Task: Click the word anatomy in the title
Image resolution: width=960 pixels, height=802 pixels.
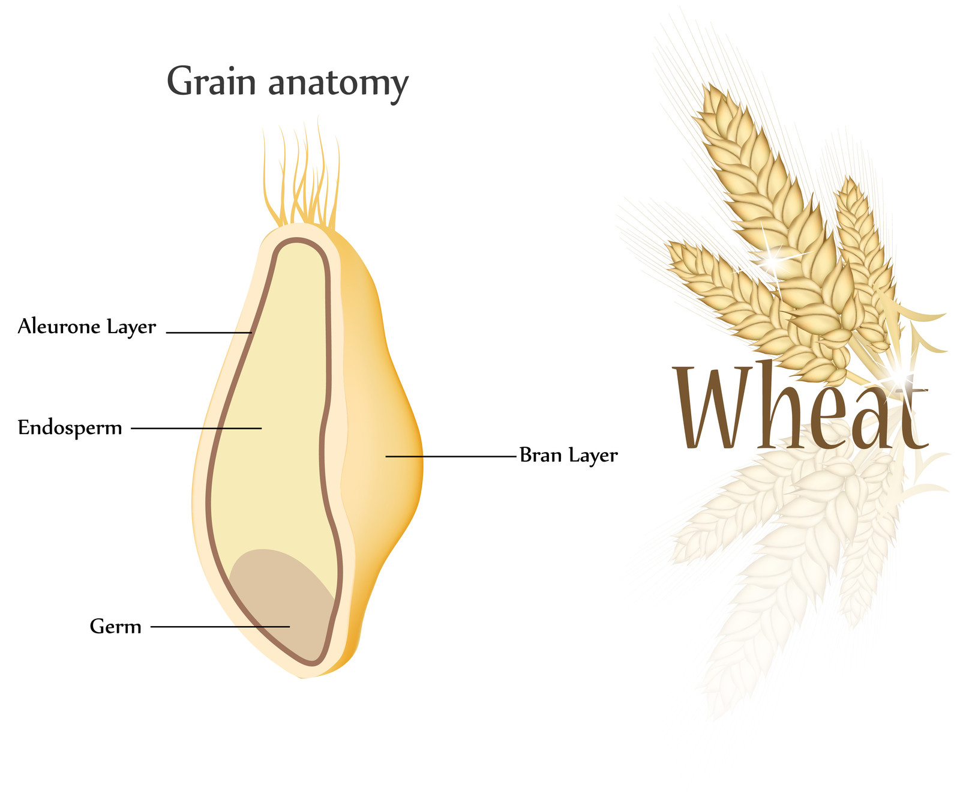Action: [x=338, y=84]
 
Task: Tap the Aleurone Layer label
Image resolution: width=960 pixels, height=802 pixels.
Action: [x=87, y=327]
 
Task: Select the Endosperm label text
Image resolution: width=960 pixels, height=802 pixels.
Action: [x=70, y=427]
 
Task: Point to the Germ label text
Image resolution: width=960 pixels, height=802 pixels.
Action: [x=116, y=627]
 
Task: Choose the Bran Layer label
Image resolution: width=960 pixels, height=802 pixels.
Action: [x=569, y=456]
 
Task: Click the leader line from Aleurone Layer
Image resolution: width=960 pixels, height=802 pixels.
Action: [x=209, y=332]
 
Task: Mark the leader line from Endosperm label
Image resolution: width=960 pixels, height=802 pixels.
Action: [x=196, y=428]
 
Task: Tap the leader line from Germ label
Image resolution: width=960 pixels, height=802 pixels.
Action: [x=220, y=627]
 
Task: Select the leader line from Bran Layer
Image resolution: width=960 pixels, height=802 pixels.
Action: [x=451, y=456]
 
